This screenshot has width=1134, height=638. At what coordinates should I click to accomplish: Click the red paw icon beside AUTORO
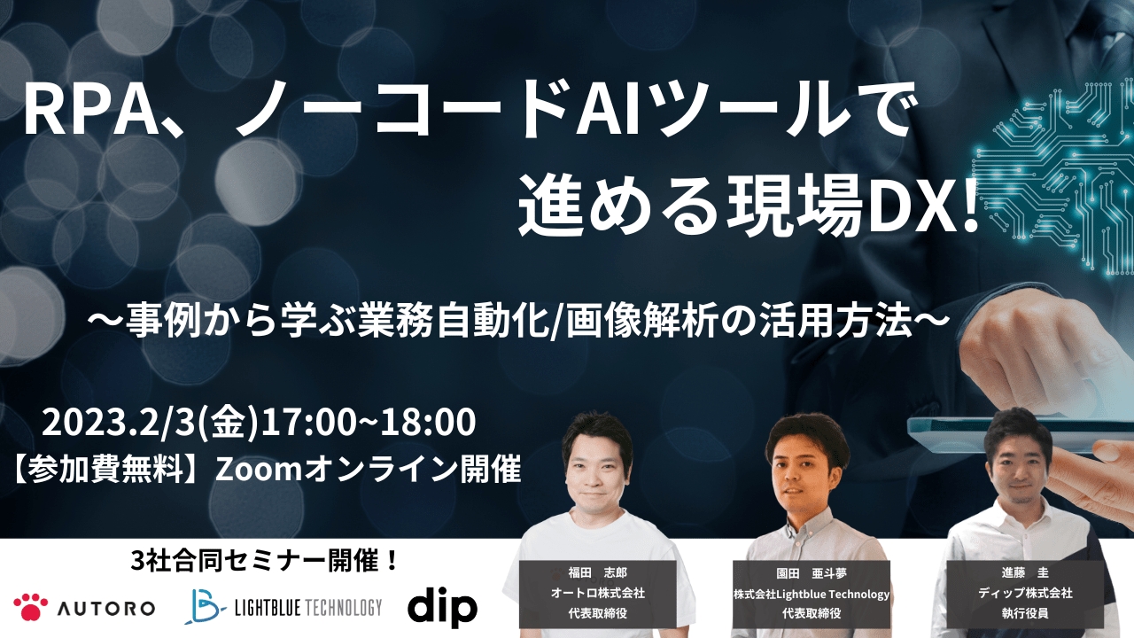click(31, 607)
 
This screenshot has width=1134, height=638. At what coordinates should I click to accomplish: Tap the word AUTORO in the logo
click(106, 608)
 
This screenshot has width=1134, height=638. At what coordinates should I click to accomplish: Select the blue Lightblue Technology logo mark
click(205, 606)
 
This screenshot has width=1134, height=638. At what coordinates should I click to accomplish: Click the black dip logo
click(442, 607)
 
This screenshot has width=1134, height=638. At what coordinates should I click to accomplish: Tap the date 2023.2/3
click(119, 423)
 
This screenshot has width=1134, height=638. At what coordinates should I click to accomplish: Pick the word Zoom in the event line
click(259, 470)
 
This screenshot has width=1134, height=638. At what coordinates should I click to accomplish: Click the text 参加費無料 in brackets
click(105, 470)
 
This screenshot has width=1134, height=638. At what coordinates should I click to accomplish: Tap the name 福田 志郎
click(597, 572)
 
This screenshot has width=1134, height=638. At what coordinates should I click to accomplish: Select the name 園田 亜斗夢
click(811, 573)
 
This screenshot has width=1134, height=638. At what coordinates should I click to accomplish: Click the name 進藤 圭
click(1025, 572)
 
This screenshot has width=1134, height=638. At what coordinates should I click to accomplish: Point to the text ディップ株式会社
click(1025, 593)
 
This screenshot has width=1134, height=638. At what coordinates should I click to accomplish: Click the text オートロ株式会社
click(597, 593)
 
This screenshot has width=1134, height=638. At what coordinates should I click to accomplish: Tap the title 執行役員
click(1025, 613)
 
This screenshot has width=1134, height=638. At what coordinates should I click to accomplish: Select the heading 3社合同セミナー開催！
click(264, 561)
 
